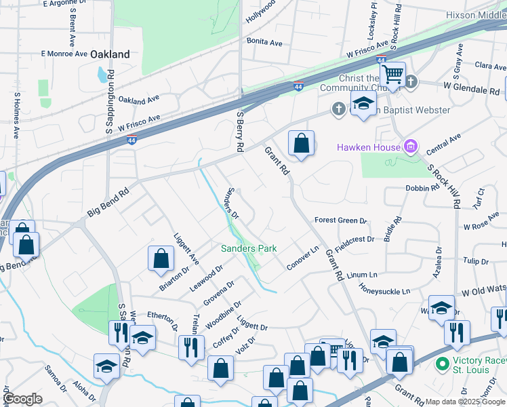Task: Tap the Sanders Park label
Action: point(249,248)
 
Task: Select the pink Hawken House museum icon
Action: point(409,147)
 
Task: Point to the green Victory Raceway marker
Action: point(442,364)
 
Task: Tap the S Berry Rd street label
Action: point(239,131)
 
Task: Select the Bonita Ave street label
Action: point(264,42)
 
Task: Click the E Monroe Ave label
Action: point(64,53)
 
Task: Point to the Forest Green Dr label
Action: point(340,220)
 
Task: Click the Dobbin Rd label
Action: point(423,188)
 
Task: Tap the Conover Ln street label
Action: point(302,258)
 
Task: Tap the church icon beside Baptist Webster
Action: point(338,109)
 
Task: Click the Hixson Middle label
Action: point(475,15)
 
